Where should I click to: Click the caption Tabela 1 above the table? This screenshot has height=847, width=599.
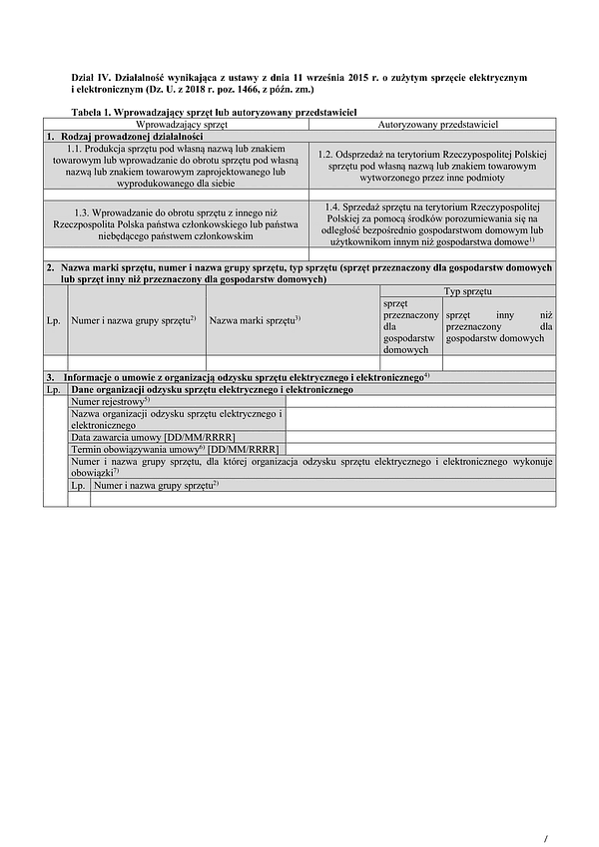(215, 113)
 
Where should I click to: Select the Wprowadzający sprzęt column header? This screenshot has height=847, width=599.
(176, 124)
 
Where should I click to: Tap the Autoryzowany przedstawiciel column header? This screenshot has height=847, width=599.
(431, 124)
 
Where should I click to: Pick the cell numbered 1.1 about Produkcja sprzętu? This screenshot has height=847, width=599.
(176, 164)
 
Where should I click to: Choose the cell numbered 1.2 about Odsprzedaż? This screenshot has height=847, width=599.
(431, 164)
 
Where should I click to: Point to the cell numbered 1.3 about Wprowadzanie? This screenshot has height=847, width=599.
(176, 224)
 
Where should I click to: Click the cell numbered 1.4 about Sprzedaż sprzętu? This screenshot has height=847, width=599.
(431, 223)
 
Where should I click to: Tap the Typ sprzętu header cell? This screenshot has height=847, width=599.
(466, 290)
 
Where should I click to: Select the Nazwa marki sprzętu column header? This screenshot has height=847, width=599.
(256, 319)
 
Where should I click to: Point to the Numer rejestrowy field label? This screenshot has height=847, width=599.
(111, 401)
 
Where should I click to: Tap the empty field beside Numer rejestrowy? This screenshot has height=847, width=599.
(419, 401)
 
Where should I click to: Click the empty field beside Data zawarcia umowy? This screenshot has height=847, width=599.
(419, 437)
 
